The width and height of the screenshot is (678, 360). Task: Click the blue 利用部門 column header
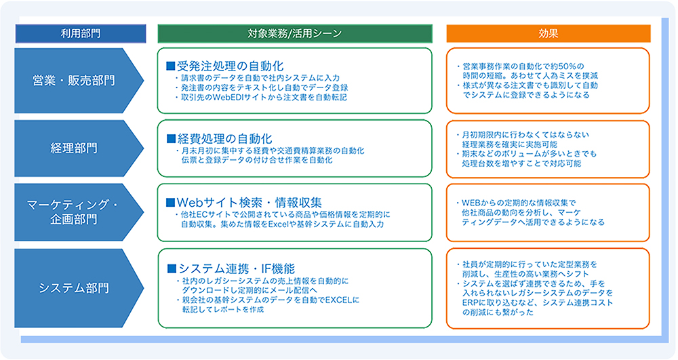(81, 33)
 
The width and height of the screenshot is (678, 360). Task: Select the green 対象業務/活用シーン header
(295, 33)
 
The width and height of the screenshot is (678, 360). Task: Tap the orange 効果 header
(549, 33)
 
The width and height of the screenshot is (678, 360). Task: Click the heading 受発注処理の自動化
(230, 66)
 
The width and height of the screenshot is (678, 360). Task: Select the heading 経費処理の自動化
(224, 138)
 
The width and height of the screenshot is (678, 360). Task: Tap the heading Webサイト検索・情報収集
(249, 202)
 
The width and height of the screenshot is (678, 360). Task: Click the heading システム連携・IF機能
(237, 268)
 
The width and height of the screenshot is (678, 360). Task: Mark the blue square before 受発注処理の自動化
(171, 66)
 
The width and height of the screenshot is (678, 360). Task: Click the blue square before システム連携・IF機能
(172, 268)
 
